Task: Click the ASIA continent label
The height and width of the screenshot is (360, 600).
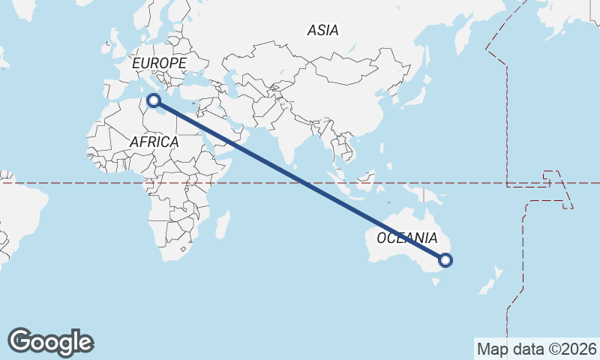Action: pos(322,30)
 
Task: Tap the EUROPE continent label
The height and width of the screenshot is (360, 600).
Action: pos(158,64)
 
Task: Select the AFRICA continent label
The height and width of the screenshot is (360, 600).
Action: pos(154,142)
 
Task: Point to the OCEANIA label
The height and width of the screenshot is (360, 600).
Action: pos(406,238)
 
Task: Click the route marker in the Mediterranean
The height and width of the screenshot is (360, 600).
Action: pos(154,100)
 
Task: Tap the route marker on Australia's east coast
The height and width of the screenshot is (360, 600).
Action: pos(445,260)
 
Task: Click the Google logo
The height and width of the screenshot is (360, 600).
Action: pos(50,342)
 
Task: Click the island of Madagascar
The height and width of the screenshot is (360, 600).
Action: pos(223,223)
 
